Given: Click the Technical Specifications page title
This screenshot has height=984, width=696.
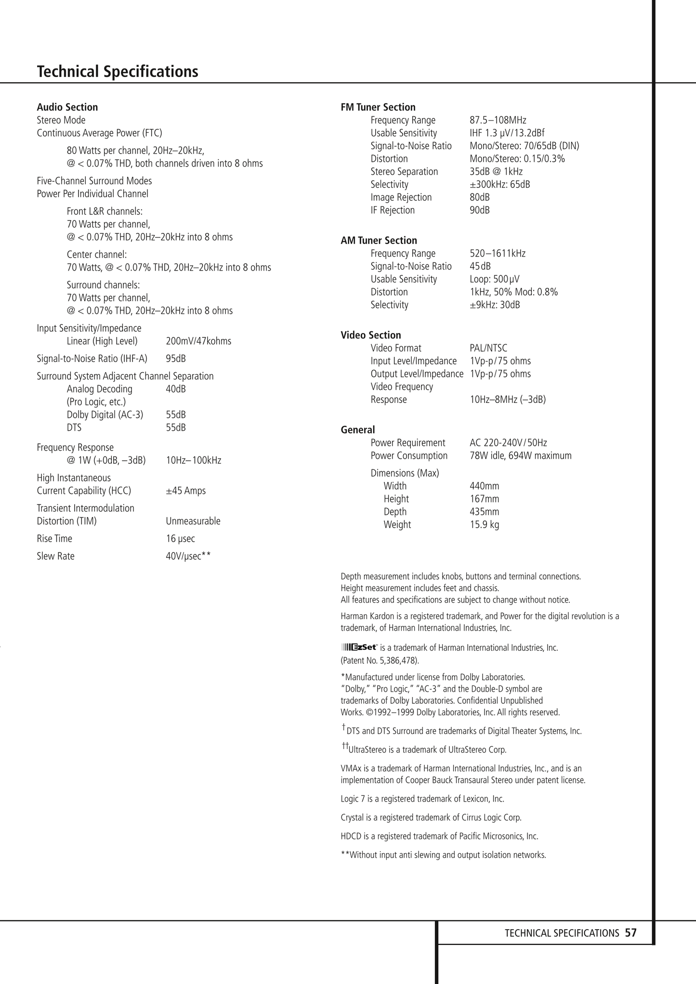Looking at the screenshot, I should [118, 72].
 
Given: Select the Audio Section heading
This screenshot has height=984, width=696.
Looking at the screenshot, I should [67, 107].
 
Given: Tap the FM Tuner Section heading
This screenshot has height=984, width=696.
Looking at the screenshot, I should [378, 107].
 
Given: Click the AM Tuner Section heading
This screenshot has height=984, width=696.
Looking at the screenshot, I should [379, 240].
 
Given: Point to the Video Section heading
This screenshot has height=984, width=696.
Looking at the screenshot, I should [371, 335].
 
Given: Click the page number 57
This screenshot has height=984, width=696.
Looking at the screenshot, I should [630, 932].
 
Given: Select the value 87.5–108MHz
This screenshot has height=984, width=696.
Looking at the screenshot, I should [498, 120].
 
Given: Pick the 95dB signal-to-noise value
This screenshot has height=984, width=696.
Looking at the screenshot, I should [176, 359].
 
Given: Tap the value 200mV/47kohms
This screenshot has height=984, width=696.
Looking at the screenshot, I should [198, 341].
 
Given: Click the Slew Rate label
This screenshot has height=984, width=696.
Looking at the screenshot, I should [56, 556].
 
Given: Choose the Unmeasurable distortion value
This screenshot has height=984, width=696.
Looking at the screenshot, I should [193, 521].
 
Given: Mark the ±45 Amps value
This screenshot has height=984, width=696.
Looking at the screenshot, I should [186, 491].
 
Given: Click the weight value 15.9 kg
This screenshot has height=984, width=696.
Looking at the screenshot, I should [485, 524].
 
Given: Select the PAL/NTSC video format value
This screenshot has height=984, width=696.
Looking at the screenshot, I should [488, 348].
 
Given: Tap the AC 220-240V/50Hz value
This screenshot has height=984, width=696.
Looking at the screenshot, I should [508, 442].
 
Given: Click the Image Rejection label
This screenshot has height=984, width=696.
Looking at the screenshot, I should [401, 197].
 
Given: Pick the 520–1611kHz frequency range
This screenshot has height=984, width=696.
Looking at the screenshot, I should [498, 253].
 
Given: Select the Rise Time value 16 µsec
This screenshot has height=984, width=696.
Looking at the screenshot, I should [181, 538].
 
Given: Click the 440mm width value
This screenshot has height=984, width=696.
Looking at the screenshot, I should [485, 486].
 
